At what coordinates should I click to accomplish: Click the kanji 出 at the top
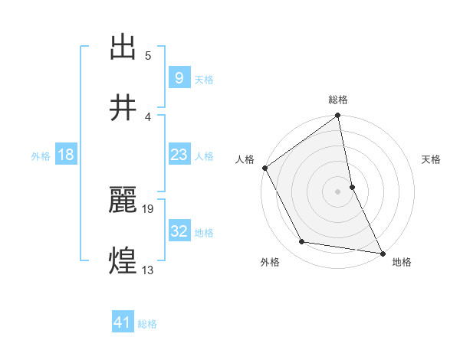point(123,47)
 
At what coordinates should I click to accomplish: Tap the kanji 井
point(123,108)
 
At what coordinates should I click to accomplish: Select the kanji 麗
point(123,200)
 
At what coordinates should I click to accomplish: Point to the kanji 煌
point(123,261)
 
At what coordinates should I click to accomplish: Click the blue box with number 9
point(178,77)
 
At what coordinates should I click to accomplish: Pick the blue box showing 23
point(178,155)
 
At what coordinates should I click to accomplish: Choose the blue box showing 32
point(179,231)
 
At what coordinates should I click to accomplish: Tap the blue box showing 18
point(66,155)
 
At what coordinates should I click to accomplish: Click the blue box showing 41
point(123,322)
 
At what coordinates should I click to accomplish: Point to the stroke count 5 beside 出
point(148,55)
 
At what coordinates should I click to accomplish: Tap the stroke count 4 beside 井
point(148,116)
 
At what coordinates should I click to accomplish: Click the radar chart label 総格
point(338,100)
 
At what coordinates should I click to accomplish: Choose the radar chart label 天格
point(432,159)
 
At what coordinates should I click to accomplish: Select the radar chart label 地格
point(402,263)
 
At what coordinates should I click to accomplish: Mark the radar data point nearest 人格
point(264,168)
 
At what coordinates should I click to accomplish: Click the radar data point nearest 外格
point(302,242)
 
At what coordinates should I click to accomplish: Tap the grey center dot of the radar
point(338,191)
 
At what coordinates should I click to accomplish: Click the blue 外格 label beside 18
point(41,155)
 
